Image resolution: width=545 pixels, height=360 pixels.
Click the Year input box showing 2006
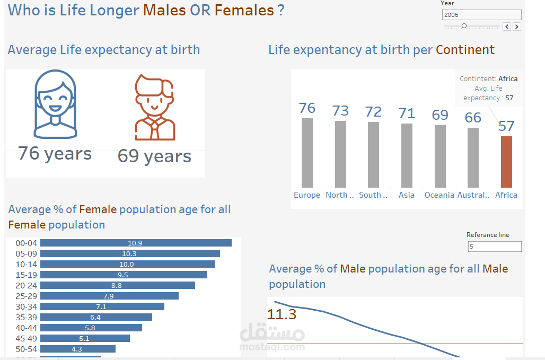pyautogui.click(x=481, y=15)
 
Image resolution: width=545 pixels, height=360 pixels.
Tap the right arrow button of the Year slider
pyautogui.click(x=517, y=27)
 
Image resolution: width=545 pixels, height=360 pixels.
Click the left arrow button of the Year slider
pyautogui.click(x=507, y=27)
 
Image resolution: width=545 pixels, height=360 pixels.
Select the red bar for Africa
pyautogui.click(x=506, y=162)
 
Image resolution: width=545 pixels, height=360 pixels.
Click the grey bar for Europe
pyautogui.click(x=307, y=153)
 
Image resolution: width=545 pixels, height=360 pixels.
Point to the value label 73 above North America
pyautogui.click(x=340, y=111)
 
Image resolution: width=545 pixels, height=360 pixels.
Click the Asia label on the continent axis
pyautogui.click(x=407, y=195)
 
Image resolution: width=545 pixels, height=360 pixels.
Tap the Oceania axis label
pyautogui.click(x=439, y=195)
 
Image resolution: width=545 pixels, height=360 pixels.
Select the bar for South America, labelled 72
pyautogui.click(x=373, y=154)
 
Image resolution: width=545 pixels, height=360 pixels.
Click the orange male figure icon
pyautogui.click(x=154, y=108)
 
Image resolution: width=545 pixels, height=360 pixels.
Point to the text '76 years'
pyautogui.click(x=55, y=154)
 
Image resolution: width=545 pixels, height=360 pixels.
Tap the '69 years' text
pyautogui.click(x=154, y=156)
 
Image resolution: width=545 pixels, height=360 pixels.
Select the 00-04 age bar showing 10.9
pyautogui.click(x=136, y=243)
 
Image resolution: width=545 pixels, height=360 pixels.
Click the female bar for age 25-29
pyautogui.click(x=109, y=296)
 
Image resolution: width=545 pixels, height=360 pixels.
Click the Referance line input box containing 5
pyautogui.click(x=495, y=247)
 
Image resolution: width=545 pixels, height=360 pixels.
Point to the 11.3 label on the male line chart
pyautogui.click(x=282, y=314)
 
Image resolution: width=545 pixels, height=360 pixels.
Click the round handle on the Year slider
pyautogui.click(x=464, y=26)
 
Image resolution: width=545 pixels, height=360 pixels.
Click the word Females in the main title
pyautogui.click(x=244, y=10)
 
